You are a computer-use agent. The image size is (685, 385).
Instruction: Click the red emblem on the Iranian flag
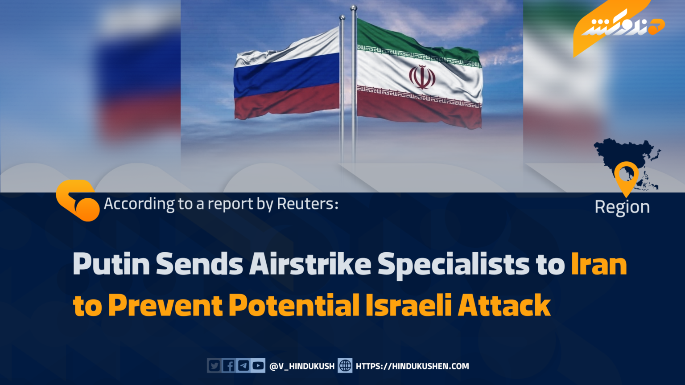(422, 77)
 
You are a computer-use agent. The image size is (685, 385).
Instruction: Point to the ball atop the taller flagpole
(354, 8)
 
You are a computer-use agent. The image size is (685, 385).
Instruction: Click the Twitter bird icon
(214, 365)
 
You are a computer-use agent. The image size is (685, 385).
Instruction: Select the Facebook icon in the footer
(229, 365)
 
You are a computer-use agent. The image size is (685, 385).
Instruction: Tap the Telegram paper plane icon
(243, 365)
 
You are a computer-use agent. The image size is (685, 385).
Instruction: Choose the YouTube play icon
(258, 365)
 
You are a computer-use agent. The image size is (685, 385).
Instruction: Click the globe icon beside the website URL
(345, 365)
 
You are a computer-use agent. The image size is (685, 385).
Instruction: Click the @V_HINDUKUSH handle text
(302, 366)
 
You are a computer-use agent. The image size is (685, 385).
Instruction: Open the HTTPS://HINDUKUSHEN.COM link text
(412, 366)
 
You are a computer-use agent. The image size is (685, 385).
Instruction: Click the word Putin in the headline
(111, 264)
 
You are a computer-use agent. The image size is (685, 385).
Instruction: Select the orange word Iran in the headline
(599, 264)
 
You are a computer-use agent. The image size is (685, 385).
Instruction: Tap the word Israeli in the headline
(409, 305)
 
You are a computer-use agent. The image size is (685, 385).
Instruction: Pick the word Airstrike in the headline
(310, 264)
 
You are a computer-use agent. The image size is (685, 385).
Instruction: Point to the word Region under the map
(622, 208)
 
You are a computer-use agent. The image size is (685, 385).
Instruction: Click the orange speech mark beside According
(78, 201)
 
